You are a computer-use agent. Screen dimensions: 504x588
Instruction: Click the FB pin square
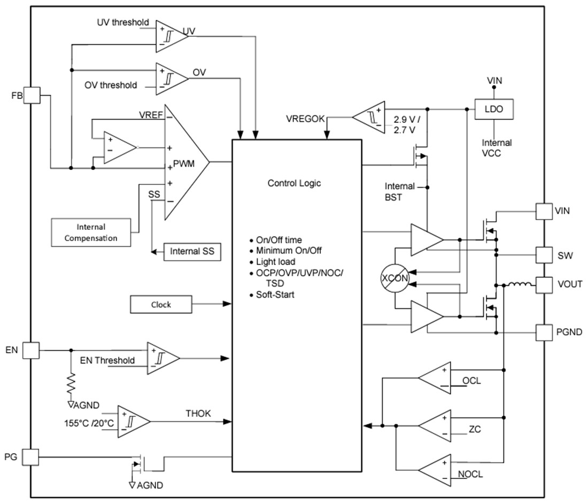[32, 96]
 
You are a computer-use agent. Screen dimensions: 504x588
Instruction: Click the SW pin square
[544, 255]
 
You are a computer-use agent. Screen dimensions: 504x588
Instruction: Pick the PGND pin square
[544, 332]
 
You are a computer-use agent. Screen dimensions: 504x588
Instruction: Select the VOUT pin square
[544, 284]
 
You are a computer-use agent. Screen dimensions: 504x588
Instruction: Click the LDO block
[494, 109]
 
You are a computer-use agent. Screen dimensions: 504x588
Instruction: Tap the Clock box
[160, 304]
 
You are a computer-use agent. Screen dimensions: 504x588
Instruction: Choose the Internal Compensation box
[91, 232]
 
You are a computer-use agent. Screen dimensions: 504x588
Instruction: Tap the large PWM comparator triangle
[184, 161]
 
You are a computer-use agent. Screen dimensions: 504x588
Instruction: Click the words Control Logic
[294, 183]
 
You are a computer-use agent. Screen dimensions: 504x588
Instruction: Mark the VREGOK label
[306, 119]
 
